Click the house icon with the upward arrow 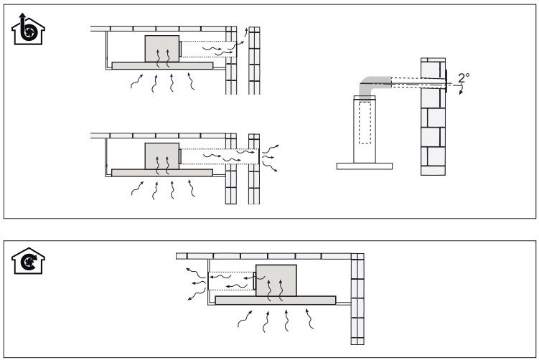27,32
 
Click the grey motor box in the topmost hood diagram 162,49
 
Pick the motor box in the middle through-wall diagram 162,156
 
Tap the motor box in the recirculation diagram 276,280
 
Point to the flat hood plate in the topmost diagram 162,65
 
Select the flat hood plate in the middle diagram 162,173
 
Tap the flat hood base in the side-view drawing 365,166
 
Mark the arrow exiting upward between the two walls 248,32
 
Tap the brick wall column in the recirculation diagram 357,301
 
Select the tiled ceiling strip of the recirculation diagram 266,256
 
